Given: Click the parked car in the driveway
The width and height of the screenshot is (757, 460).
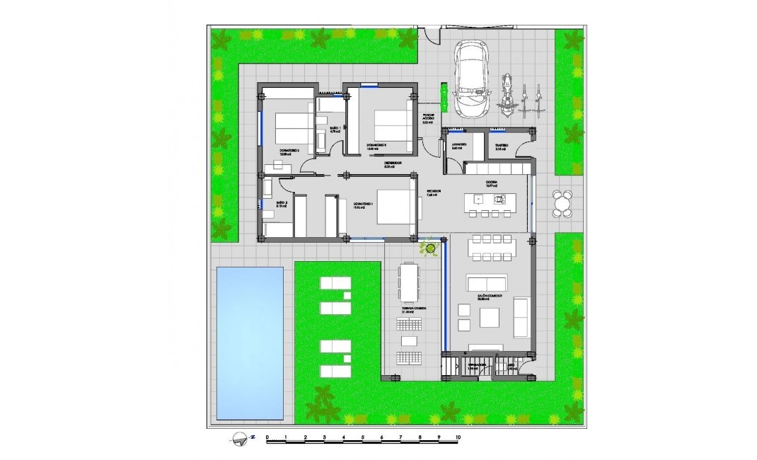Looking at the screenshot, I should pos(471,79).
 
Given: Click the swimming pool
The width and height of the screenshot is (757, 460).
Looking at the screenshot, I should pos(250,342).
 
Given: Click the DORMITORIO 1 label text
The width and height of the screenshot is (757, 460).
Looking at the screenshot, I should pos(364,206).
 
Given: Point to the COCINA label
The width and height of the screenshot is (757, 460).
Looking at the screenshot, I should pos(491,183).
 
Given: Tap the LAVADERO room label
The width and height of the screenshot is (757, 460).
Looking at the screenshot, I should pos(458,146).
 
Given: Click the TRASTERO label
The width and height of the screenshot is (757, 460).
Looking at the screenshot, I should pos(501,146).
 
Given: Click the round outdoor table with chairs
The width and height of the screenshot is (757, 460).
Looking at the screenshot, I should pos(563,203).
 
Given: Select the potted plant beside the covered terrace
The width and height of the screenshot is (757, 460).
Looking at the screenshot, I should pos(428,248).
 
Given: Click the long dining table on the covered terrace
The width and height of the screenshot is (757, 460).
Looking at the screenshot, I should pos(408,282).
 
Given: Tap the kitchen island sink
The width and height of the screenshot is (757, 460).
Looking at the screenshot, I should pos(499,200).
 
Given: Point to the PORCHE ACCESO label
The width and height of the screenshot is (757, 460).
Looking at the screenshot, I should pos(428,118).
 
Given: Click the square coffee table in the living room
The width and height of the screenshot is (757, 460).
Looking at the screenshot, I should pos(490,318).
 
